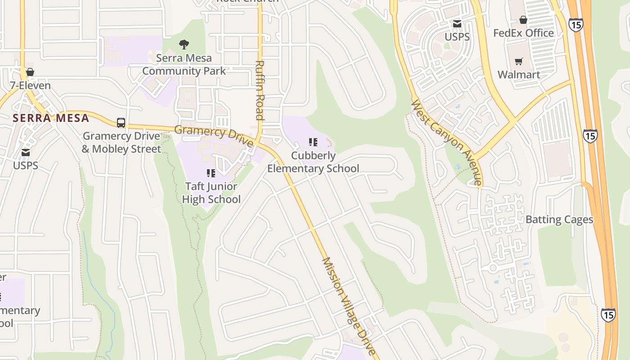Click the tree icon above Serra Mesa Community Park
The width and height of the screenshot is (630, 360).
pyautogui.click(x=184, y=44)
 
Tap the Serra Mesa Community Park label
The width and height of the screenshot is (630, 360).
pyautogui.click(x=184, y=64)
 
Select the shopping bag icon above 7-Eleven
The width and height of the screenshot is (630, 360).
pyautogui.click(x=30, y=72)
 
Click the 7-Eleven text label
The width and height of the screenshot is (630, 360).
pyautogui.click(x=30, y=85)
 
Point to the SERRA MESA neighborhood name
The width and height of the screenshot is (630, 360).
pyautogui.click(x=51, y=118)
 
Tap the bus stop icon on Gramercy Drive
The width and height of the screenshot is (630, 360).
pyautogui.click(x=121, y=122)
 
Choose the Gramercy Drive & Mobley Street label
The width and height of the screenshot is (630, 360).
pyautogui.click(x=121, y=142)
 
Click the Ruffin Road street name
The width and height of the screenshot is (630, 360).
pyautogui.click(x=259, y=90)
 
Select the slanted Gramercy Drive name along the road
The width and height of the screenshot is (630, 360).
pyautogui.click(x=214, y=135)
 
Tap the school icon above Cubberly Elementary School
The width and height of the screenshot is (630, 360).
pyautogui.click(x=313, y=143)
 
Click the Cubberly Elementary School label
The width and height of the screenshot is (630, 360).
pyautogui.click(x=313, y=162)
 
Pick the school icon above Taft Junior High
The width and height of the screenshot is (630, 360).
pyautogui.click(x=211, y=173)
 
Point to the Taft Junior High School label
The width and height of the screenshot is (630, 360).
pyautogui.click(x=211, y=193)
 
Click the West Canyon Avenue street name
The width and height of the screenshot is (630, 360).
pyautogui.click(x=447, y=143)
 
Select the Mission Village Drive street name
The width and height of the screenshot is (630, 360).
pyautogui.click(x=348, y=307)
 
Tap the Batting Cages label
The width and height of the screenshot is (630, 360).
pyautogui.click(x=559, y=220)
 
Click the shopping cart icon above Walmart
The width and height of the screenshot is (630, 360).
pyautogui.click(x=519, y=61)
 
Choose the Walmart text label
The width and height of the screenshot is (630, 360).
pyautogui.click(x=519, y=74)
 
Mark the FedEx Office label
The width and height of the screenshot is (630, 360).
pyautogui.click(x=523, y=33)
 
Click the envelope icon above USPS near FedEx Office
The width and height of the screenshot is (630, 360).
pyautogui.click(x=457, y=24)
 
